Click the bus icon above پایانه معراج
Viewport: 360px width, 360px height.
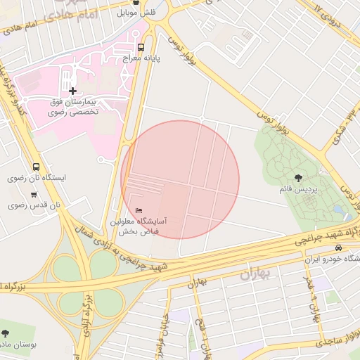[143, 47]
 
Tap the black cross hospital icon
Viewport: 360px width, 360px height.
[73, 91]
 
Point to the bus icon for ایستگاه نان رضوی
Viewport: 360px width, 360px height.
[36, 167]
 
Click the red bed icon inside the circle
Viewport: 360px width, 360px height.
[139, 210]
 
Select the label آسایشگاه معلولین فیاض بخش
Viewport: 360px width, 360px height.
[143, 226]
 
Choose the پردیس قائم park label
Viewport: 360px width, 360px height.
[300, 191]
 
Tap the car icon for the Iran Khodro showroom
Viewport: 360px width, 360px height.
[338, 247]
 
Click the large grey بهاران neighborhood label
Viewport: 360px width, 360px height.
[255, 274]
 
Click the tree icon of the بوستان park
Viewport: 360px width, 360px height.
[6, 333]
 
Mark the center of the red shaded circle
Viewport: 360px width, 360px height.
[180, 179]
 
